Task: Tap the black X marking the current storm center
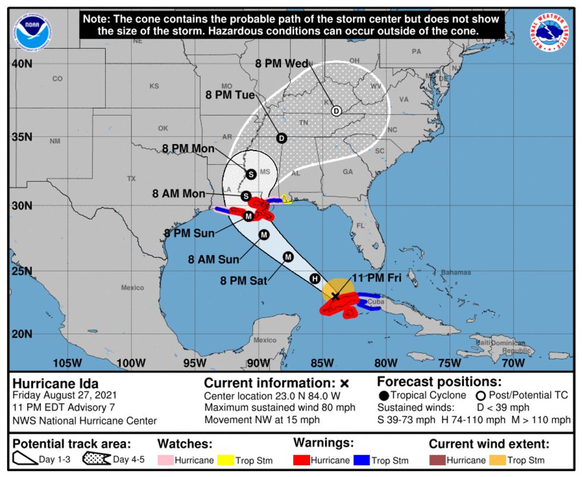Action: coord(336,295)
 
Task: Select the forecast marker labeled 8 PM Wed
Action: coord(336,111)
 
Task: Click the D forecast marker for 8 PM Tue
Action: coord(281,138)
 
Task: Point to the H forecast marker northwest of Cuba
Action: coord(315,279)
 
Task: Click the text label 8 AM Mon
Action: coord(178,193)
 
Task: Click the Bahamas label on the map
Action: coord(456,272)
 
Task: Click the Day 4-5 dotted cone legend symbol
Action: coord(97,460)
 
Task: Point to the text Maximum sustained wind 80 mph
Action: coord(280,408)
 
